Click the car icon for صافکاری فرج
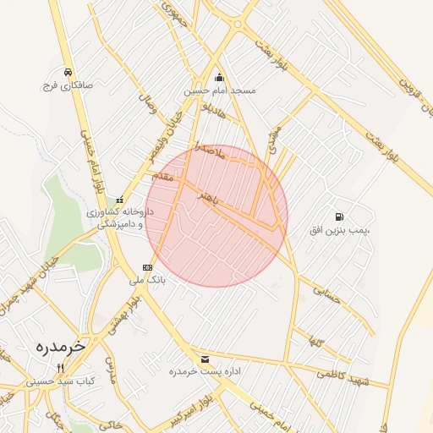[66, 72]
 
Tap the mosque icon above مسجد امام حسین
[219, 76]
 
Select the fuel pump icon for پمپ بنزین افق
[339, 217]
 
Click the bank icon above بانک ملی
[148, 267]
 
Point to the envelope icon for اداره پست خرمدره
[205, 359]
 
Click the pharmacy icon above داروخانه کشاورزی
[118, 200]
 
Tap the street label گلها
[317, 343]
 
